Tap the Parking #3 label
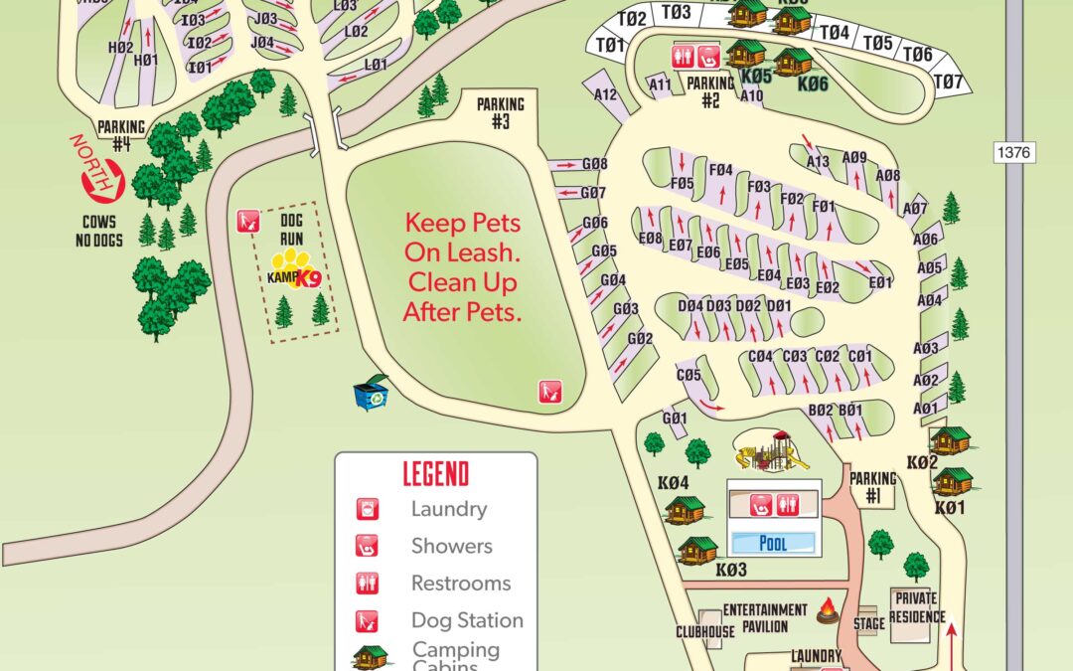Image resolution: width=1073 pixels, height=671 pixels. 499,112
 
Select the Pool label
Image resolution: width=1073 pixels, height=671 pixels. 772,543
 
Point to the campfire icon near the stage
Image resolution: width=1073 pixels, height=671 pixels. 828,613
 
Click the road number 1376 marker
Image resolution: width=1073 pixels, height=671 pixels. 1012,153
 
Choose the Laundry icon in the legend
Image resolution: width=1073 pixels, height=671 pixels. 367,509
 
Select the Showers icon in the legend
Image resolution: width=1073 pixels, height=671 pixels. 367,546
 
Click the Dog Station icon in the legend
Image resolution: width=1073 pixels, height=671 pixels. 367,620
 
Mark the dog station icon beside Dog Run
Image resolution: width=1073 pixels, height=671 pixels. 248,220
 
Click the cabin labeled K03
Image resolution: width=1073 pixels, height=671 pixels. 697,551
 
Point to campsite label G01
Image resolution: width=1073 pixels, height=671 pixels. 675,419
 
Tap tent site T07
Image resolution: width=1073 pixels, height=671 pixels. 950,82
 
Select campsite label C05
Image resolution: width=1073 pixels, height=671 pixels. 689,376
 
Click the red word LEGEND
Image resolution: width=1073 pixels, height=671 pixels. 435,474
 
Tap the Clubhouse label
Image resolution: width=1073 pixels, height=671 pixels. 705,631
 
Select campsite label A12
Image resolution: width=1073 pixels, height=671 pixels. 606,95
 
